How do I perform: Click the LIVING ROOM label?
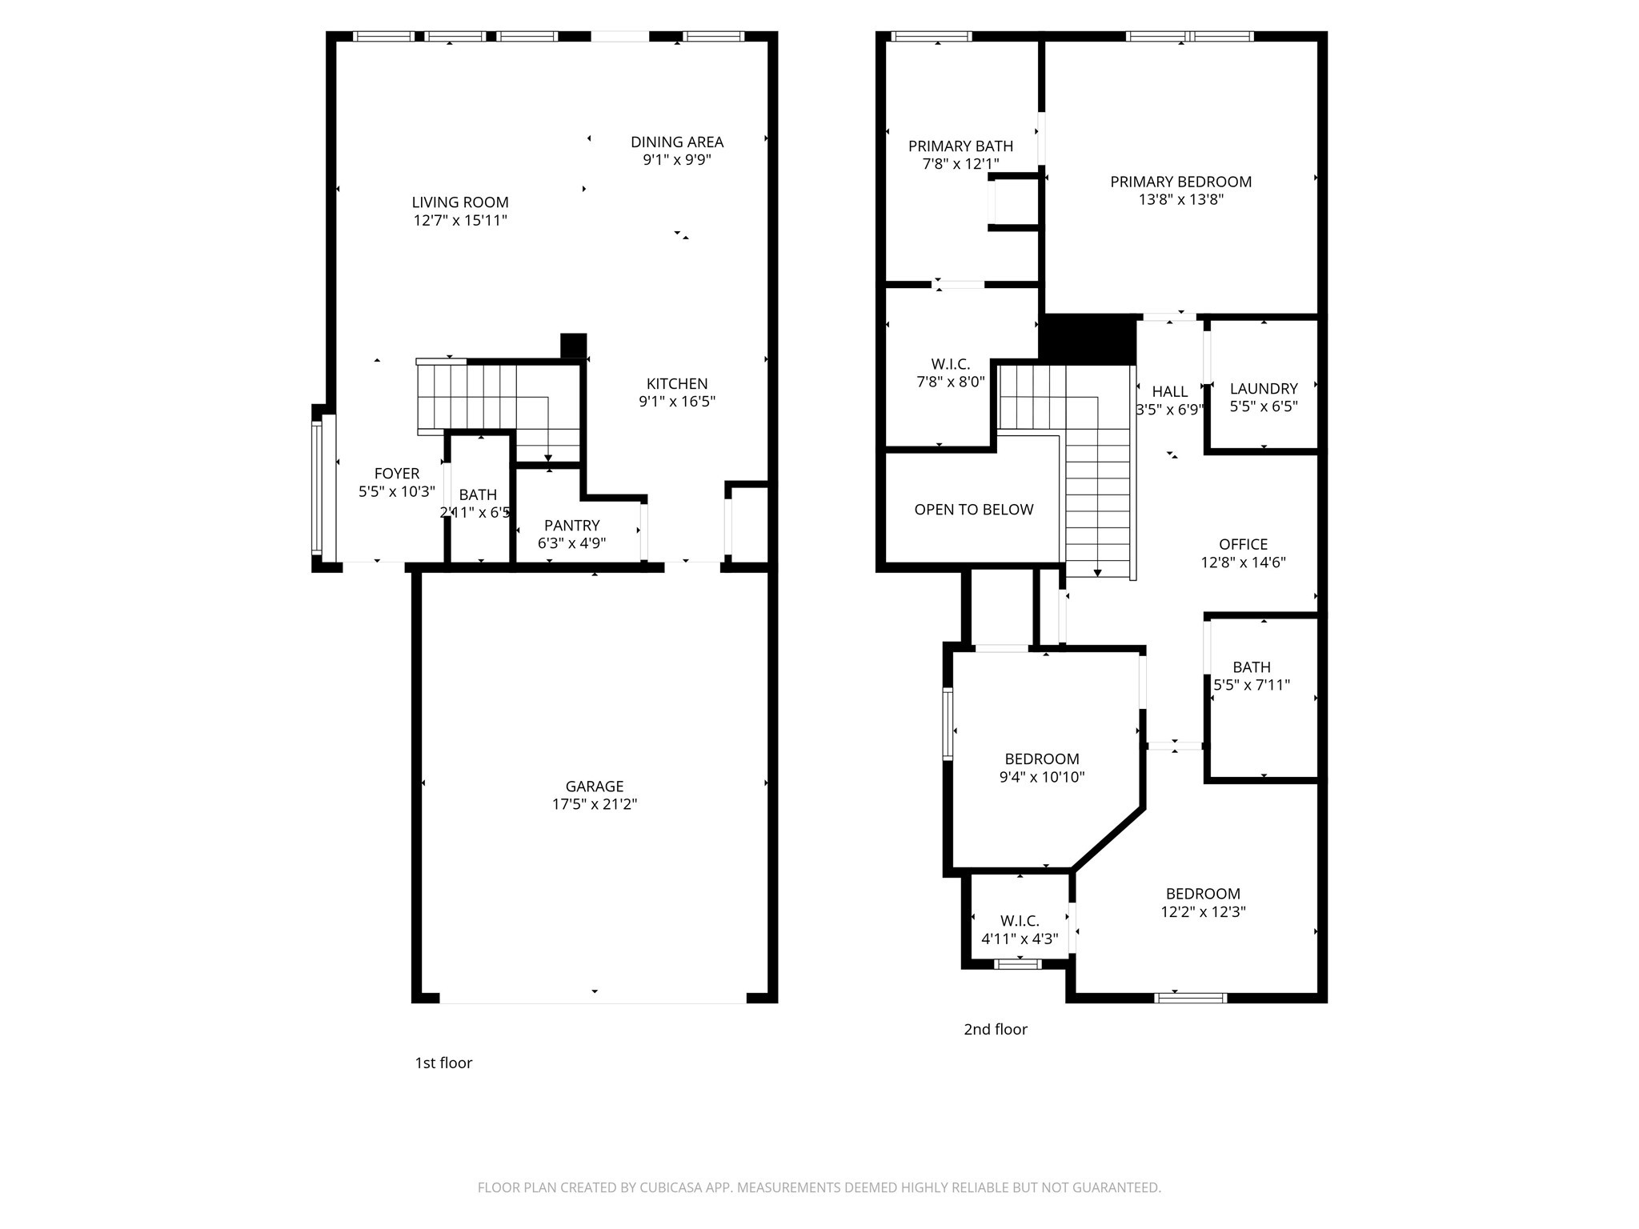click(460, 202)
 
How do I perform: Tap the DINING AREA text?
click(677, 142)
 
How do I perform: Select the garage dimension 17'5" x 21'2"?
click(594, 804)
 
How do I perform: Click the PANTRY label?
click(571, 525)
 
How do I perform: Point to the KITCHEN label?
click(677, 383)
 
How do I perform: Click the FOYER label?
click(396, 473)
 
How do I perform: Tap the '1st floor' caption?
click(443, 1063)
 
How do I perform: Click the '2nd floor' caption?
click(995, 1029)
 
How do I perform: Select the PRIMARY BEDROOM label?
click(1180, 182)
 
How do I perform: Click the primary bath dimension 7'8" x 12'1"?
click(960, 164)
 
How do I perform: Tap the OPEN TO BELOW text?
click(973, 510)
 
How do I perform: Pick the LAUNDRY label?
click(1263, 388)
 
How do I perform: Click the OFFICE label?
click(1243, 544)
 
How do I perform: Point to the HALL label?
click(1169, 391)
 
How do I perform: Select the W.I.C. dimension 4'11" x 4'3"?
click(1020, 939)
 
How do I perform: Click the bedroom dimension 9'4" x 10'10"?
click(1041, 776)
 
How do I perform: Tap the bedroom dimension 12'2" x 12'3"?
click(1203, 911)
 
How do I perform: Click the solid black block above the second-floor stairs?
click(1088, 339)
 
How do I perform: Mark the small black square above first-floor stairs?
click(573, 345)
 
